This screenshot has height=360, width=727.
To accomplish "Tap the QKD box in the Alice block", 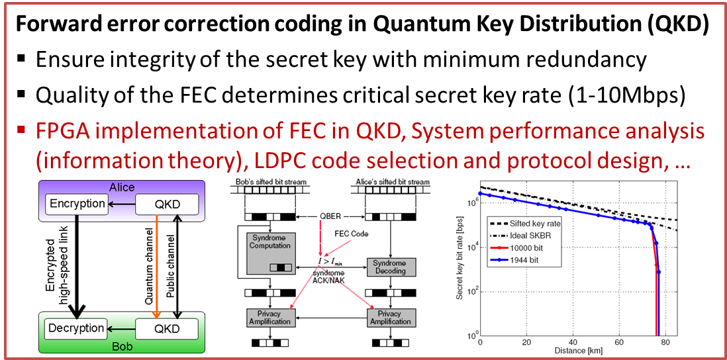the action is click(x=167, y=204).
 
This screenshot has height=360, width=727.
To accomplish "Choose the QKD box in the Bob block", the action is click(x=167, y=329).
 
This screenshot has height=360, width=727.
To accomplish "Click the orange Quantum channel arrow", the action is click(x=157, y=267).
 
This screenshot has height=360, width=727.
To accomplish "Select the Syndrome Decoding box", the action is click(x=391, y=267).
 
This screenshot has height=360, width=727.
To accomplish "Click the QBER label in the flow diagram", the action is click(x=330, y=216).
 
